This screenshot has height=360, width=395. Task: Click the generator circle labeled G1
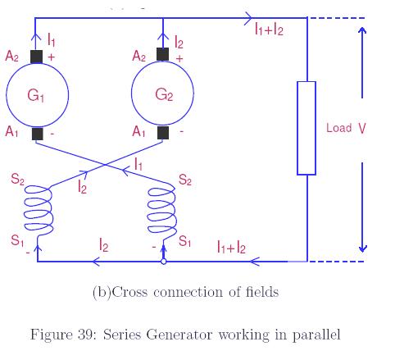[x=36, y=94]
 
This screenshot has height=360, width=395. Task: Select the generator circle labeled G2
[x=163, y=94]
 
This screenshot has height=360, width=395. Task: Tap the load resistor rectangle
[x=306, y=128]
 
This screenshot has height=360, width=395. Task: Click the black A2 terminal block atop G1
[x=36, y=57]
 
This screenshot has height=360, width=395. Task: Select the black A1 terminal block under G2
[x=163, y=132]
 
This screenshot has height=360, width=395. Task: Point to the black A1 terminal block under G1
[x=36, y=133]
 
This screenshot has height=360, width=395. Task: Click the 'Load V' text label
[x=345, y=128]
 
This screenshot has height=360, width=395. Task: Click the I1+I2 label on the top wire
[x=269, y=30]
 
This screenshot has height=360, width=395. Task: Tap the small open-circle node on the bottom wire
[x=163, y=262]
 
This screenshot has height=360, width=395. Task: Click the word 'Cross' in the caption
[x=129, y=293]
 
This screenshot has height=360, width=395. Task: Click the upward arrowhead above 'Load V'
[x=362, y=33]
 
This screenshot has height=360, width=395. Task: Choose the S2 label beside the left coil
[x=17, y=180]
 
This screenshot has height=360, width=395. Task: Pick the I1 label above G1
[x=52, y=39]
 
